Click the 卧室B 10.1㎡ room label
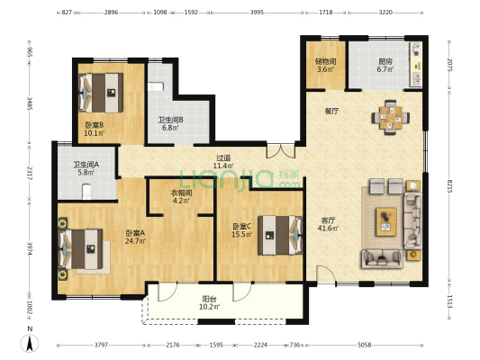[95, 129]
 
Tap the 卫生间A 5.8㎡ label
[86, 168]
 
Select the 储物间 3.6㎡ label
[326, 65]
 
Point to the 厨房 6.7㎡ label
[385, 65]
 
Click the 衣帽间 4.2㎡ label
[181, 197]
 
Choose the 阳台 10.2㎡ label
[210, 302]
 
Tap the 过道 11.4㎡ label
[223, 162]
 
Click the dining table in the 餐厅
[391, 118]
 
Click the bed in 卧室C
[280, 235]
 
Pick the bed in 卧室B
[101, 93]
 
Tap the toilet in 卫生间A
[87, 192]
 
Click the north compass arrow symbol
[30, 343]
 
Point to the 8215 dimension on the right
[449, 186]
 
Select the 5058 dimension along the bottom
[365, 345]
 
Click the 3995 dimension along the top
[257, 13]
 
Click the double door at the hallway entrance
[281, 150]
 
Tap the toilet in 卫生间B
[156, 87]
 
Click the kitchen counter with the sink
[416, 65]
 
